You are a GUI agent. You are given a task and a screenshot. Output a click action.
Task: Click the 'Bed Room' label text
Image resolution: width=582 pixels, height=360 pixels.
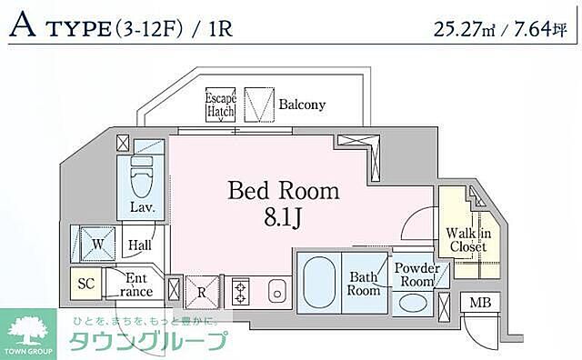283,191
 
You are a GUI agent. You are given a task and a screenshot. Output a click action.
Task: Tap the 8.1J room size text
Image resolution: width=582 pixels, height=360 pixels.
283,218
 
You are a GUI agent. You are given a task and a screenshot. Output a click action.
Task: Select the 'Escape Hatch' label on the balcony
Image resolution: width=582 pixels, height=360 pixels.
220,104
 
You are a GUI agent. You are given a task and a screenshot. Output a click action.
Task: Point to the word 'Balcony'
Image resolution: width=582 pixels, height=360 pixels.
301,105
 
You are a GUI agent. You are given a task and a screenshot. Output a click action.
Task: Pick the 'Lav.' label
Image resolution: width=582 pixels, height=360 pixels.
141,207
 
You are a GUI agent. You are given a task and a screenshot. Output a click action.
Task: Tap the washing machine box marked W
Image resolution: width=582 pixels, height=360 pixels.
96,243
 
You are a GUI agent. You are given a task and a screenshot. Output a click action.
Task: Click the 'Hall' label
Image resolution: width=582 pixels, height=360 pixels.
140,245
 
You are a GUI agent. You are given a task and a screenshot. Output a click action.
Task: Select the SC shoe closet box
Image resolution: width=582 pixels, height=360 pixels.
86,284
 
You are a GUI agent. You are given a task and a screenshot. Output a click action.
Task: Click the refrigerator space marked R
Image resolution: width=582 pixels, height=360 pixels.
202,292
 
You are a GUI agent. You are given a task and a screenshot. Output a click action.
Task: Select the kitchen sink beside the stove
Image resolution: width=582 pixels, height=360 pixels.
277,292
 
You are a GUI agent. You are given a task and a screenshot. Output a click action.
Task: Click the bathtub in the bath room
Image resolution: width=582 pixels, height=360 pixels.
317,282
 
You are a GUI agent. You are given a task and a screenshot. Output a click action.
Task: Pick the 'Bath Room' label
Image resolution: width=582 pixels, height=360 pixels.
364,284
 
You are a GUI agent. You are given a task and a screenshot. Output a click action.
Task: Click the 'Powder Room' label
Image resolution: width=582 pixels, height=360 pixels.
416,275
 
